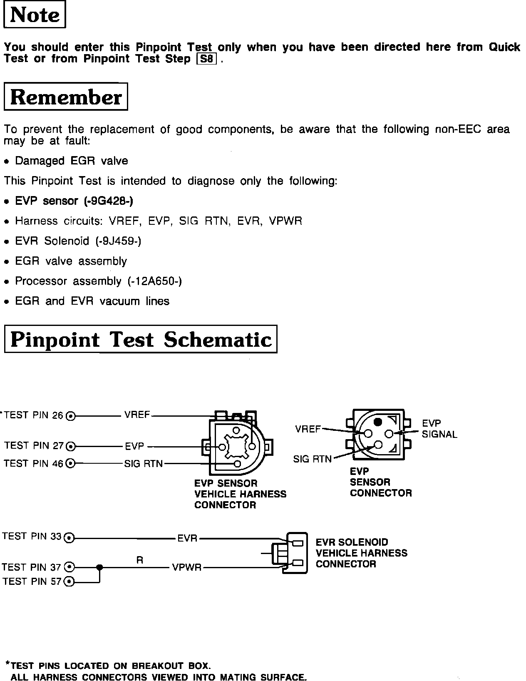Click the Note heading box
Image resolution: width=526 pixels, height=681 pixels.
(35, 15)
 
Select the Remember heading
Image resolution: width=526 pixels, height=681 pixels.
(66, 97)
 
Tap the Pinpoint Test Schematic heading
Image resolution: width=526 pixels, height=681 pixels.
(141, 339)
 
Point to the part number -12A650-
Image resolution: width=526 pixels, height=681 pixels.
(154, 281)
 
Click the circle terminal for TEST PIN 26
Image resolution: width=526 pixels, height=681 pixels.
(71, 415)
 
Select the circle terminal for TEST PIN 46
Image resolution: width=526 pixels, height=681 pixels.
(71, 463)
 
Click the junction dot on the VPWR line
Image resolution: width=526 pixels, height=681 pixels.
(99, 567)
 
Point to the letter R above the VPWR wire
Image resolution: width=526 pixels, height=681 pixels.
(140, 560)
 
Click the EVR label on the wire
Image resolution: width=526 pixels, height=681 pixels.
(187, 538)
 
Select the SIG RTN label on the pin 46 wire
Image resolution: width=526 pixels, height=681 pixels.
(143, 464)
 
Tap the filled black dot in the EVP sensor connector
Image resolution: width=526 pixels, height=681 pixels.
(377, 422)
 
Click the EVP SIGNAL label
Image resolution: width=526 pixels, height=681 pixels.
(439, 429)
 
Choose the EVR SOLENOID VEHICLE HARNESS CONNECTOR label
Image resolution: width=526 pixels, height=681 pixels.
(361, 553)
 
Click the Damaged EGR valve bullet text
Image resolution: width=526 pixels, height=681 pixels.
(71, 161)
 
